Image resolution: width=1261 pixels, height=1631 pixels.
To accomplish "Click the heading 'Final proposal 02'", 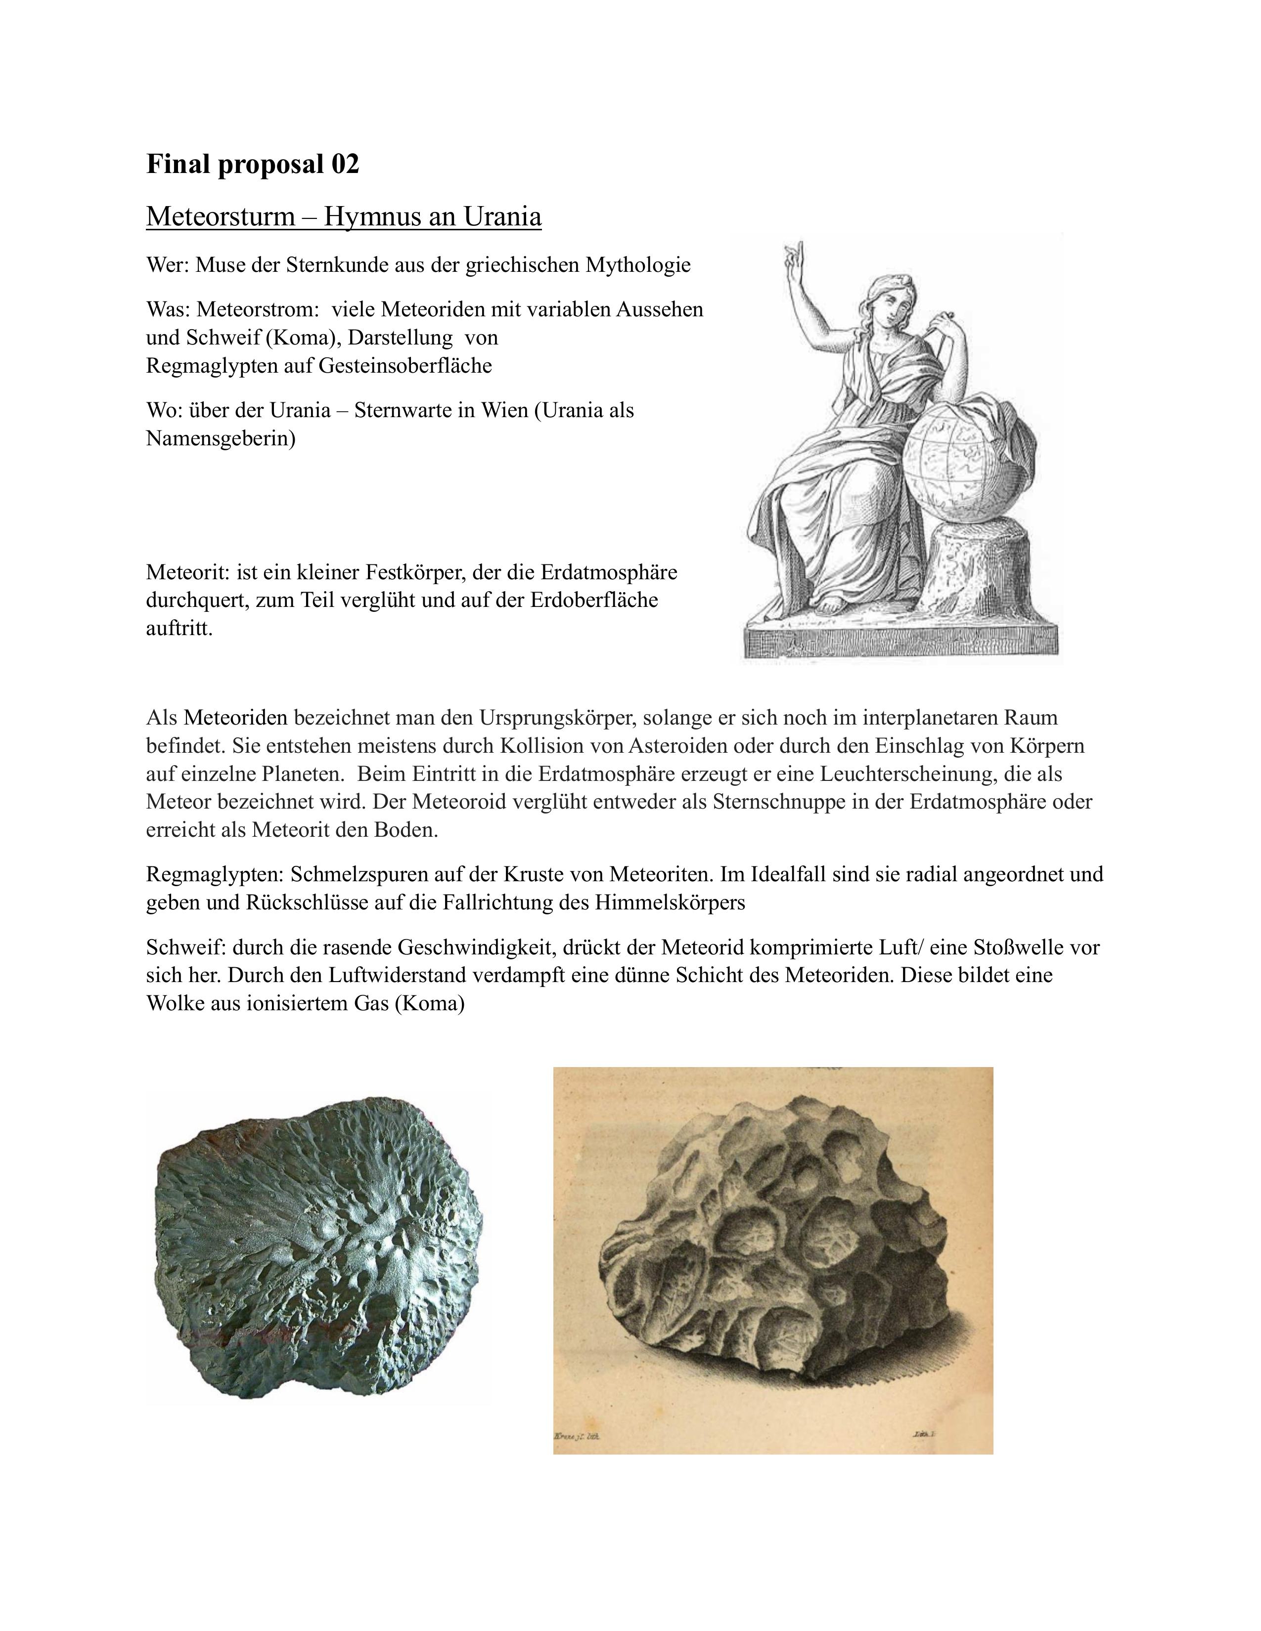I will coord(253,164).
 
